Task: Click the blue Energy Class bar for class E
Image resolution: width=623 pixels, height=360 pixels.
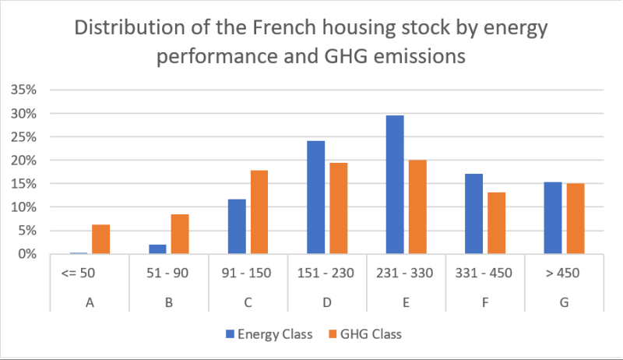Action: [x=395, y=185]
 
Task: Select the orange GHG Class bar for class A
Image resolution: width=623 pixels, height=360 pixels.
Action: [x=100, y=239]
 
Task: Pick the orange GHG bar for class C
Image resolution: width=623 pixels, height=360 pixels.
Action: [x=259, y=212]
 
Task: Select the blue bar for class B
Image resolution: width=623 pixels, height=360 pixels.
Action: [x=157, y=249]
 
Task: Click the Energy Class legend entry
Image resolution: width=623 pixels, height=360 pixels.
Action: [x=269, y=334]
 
